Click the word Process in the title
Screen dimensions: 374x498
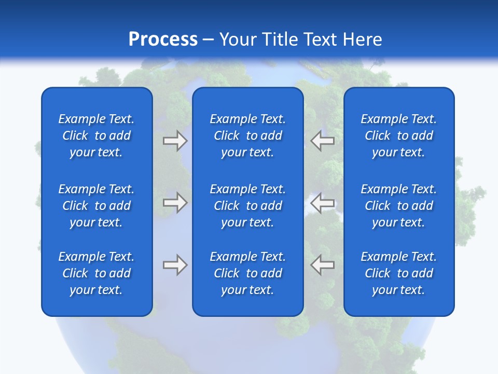tap(163, 39)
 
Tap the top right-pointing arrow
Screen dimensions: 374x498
tap(175, 140)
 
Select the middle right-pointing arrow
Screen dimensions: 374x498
tap(175, 202)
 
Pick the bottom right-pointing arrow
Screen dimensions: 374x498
tap(175, 265)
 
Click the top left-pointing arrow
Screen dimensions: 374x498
tap(322, 140)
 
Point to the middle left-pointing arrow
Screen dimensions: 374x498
tap(322, 202)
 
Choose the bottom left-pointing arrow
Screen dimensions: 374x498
tap(322, 265)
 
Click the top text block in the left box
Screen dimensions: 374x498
tap(96, 136)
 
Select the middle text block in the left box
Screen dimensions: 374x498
tap(96, 206)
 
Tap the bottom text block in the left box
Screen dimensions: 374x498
tap(96, 273)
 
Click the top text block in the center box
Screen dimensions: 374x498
tap(247, 136)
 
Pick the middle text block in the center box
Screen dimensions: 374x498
tap(247, 206)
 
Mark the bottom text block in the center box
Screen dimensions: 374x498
tap(247, 273)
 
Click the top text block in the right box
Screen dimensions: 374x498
tap(398, 136)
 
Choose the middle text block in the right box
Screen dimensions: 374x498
tap(398, 206)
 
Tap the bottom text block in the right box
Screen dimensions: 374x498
tap(398, 273)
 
